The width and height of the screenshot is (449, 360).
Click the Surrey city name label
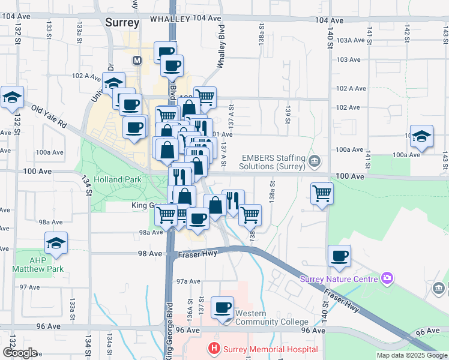pyautogui.click(x=122, y=23)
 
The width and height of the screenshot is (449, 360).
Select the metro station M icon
pyautogui.click(x=137, y=61)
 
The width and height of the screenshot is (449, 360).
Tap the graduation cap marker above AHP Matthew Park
pyautogui.click(x=56, y=243)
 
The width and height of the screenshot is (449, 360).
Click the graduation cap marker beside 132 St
pyautogui.click(x=12, y=98)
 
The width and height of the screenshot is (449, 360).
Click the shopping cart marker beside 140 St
pyautogui.click(x=322, y=194)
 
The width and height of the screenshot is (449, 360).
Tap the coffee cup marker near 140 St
pyautogui.click(x=339, y=256)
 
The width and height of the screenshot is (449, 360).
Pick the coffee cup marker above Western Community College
pyautogui.click(x=222, y=308)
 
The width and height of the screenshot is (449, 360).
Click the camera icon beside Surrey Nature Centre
pyautogui.click(x=388, y=278)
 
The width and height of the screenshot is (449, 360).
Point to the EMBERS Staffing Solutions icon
pyautogui.click(x=315, y=161)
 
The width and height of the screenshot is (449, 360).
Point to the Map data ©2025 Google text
pyautogui.click(x=412, y=355)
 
